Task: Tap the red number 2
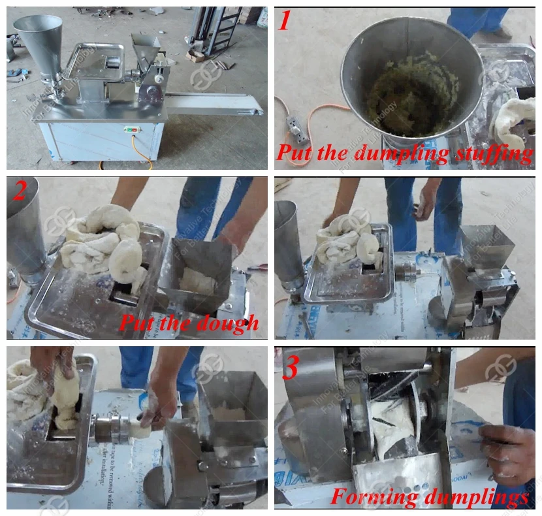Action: click(21, 192)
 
